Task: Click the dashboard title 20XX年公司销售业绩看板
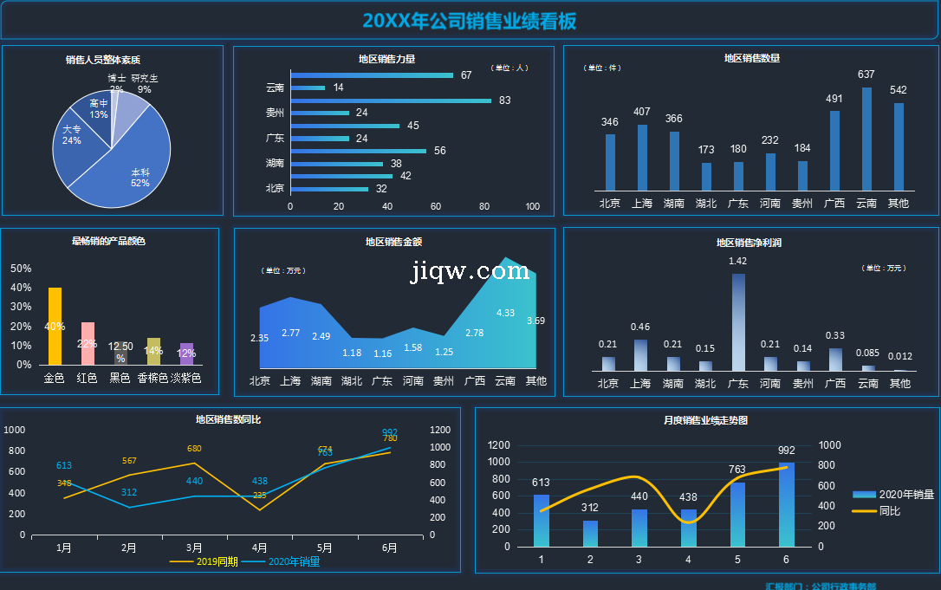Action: (470, 21)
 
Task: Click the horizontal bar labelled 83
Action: (390, 100)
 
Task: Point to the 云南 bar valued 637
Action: (866, 139)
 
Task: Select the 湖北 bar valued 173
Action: (706, 177)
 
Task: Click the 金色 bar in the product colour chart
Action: (55, 326)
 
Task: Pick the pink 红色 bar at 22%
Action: (88, 343)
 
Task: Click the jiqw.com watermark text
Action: (470, 271)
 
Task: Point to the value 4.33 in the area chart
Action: (505, 313)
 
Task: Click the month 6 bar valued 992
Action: (786, 504)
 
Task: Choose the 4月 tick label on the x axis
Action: (259, 548)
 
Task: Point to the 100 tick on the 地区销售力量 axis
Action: (533, 207)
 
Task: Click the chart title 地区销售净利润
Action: (749, 243)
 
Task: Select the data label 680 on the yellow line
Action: (194, 449)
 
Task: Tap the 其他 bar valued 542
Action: (899, 146)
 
